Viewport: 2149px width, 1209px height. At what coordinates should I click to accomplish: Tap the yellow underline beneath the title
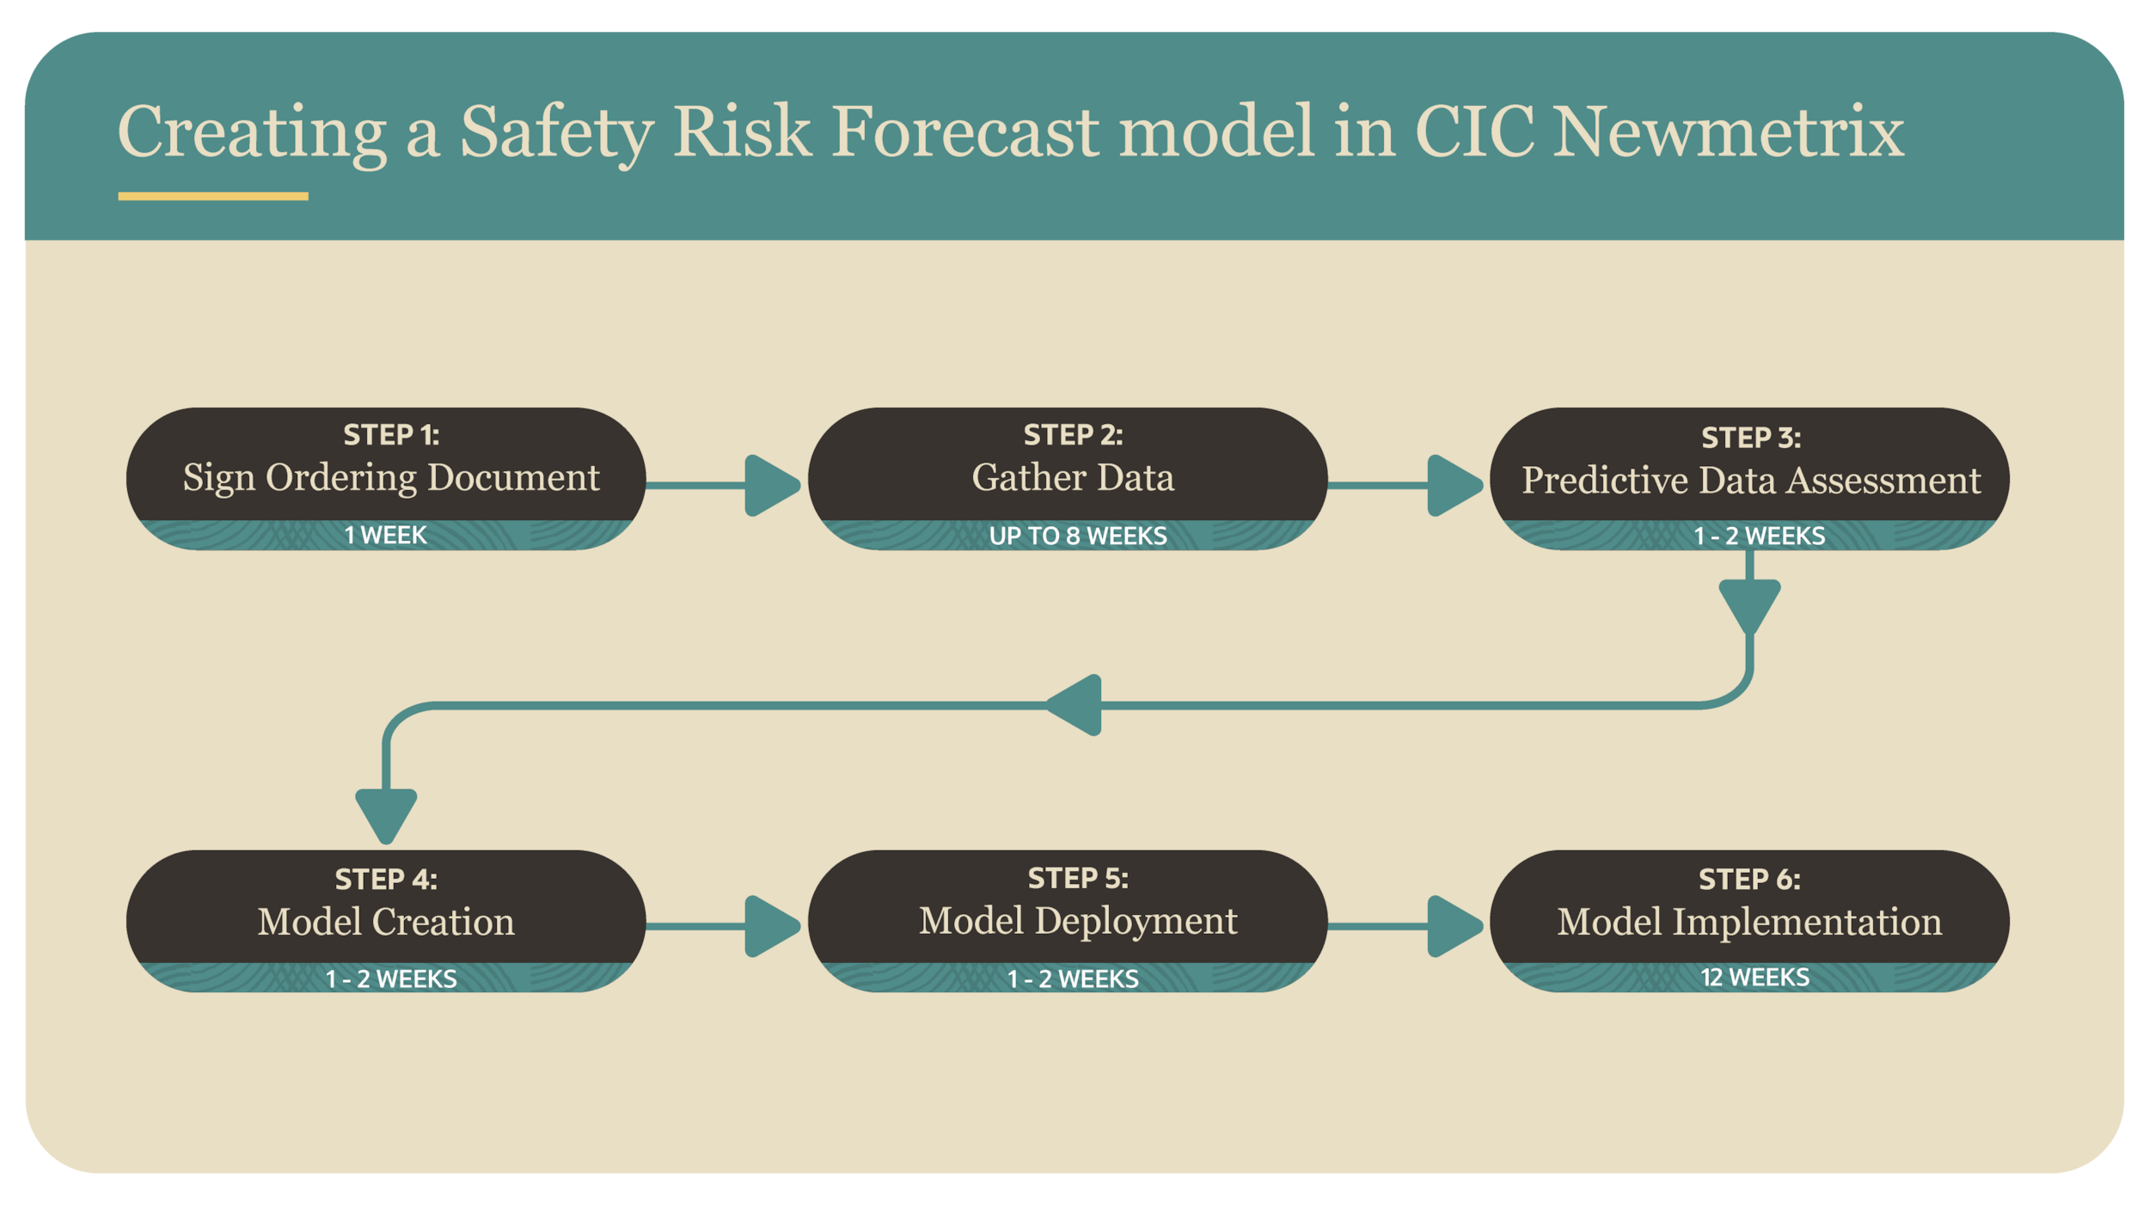click(x=213, y=196)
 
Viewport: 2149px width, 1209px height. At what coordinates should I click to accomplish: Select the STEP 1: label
click(x=391, y=435)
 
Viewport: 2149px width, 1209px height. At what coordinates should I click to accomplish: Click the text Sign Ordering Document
click(x=391, y=478)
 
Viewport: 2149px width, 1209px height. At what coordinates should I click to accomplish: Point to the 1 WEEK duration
click(x=385, y=535)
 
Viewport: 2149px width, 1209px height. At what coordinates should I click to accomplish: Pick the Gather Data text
click(x=1073, y=478)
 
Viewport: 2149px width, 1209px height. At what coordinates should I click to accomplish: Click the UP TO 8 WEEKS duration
click(x=1078, y=536)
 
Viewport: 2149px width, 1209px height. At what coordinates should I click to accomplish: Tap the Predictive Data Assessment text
click(x=1751, y=481)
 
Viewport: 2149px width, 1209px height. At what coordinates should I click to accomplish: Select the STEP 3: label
click(x=1751, y=438)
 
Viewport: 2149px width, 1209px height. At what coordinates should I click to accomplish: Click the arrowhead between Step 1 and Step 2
click(x=770, y=486)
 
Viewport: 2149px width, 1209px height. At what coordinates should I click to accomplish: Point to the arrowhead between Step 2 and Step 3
click(x=1453, y=486)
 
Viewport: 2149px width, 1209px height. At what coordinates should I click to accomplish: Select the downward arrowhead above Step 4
click(x=386, y=814)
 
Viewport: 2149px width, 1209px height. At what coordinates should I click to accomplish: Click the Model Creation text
click(x=386, y=923)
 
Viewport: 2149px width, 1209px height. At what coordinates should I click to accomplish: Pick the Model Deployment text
click(x=1078, y=921)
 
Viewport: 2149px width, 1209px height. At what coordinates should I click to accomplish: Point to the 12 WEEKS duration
click(x=1754, y=977)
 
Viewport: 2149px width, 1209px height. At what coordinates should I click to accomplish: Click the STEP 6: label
click(x=1749, y=879)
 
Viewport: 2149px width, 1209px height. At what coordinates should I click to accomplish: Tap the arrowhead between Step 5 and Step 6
click(x=1453, y=926)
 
